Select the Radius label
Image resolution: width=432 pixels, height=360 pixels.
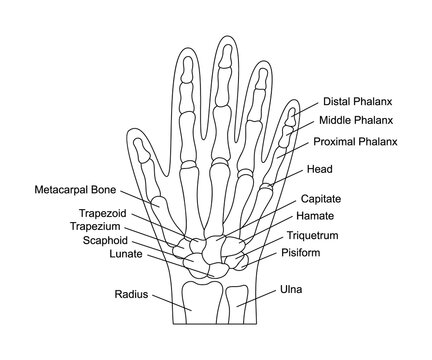click(131, 296)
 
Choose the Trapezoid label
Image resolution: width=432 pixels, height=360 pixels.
click(132, 213)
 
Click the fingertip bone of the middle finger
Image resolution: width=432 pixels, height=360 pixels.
click(223, 62)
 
